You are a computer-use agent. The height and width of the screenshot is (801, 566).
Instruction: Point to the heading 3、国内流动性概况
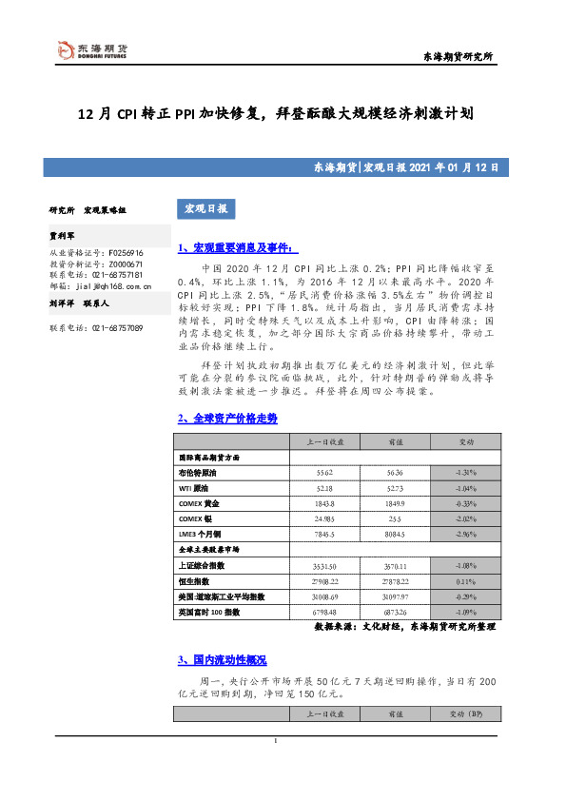pyautogui.click(x=222, y=660)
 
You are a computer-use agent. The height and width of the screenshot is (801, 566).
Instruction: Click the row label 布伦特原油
pyautogui.click(x=198, y=472)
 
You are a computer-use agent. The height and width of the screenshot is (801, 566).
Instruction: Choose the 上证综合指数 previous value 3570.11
pyautogui.click(x=394, y=565)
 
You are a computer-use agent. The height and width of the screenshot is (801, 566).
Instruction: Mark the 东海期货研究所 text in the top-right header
pyautogui.click(x=457, y=58)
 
